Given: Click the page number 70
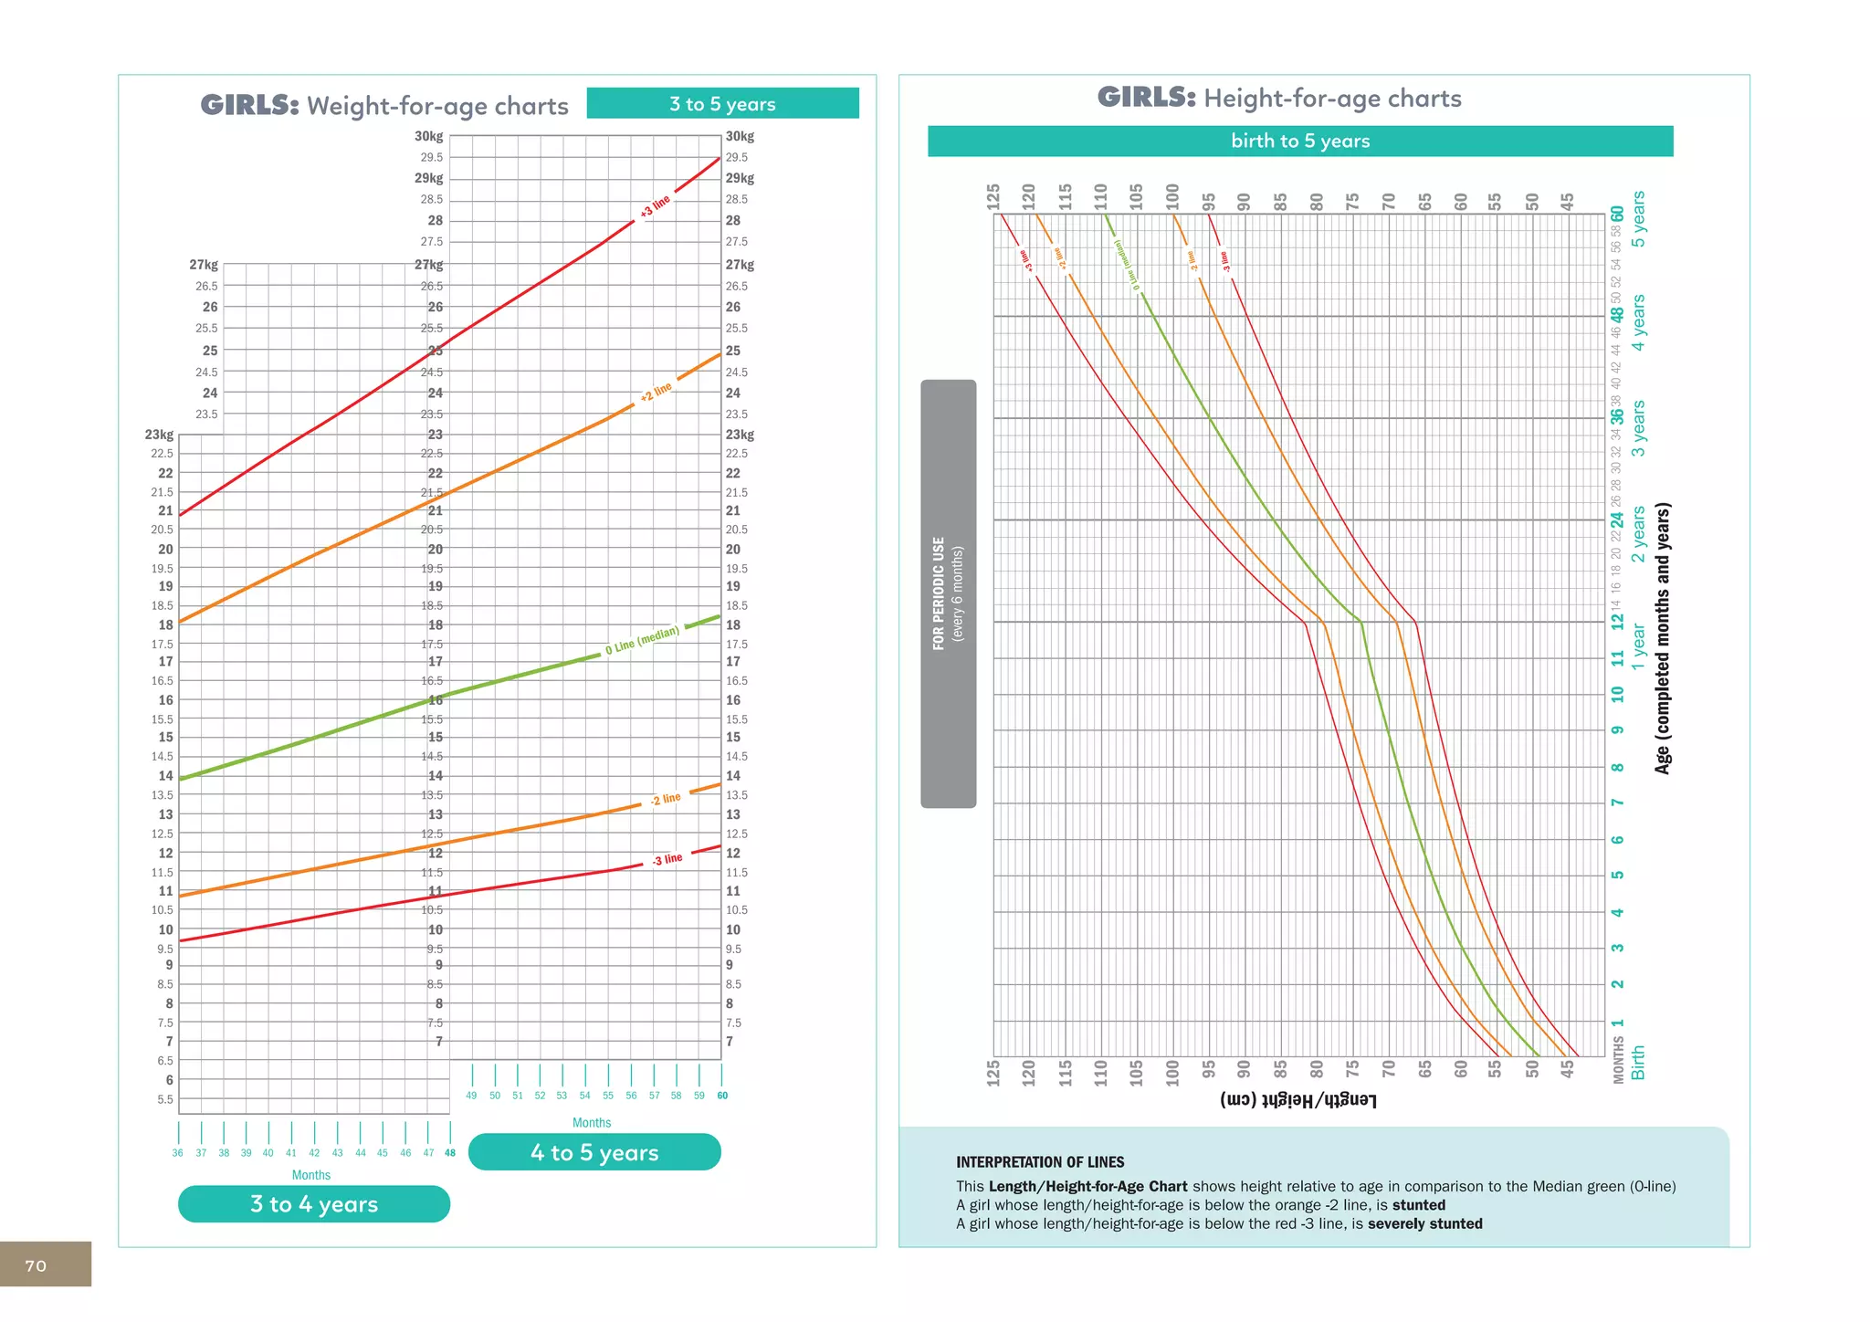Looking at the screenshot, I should pyautogui.click(x=36, y=1265).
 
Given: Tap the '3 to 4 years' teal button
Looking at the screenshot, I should pyautogui.click(x=314, y=1204).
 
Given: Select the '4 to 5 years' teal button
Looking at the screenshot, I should pyautogui.click(x=594, y=1152).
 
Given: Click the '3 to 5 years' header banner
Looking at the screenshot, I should pyautogui.click(x=722, y=104).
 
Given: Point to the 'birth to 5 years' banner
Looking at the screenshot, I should pyautogui.click(x=1300, y=142).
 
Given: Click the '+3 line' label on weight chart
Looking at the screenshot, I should pyautogui.click(x=655, y=206).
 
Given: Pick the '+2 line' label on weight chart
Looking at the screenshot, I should pyautogui.click(x=656, y=392).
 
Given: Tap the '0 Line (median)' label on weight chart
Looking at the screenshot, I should pyautogui.click(x=643, y=639).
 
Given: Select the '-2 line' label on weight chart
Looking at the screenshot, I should pyautogui.click(x=666, y=800).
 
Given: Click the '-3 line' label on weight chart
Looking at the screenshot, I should pyautogui.click(x=667, y=859).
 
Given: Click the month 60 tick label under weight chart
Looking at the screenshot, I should pyautogui.click(x=722, y=1096).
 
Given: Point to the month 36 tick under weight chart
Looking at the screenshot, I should pyautogui.click(x=178, y=1153).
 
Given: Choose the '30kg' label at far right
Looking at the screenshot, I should pyautogui.click(x=740, y=137).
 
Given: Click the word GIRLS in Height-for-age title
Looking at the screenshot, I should pyautogui.click(x=1146, y=98).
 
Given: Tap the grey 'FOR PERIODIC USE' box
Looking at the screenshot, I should pyautogui.click(x=948, y=593).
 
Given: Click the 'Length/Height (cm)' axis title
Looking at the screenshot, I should pyautogui.click(x=1297, y=1099).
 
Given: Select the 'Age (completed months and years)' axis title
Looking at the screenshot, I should pyautogui.click(x=1663, y=638).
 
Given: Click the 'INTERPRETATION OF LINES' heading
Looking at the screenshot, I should pyautogui.click(x=1040, y=1162).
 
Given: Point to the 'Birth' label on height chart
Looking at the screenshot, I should pyautogui.click(x=1638, y=1063).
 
